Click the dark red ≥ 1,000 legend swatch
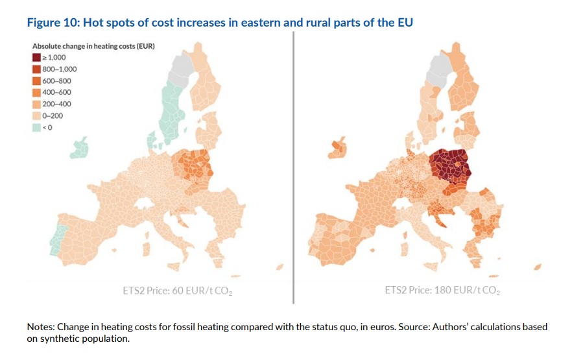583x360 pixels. [x=36, y=58]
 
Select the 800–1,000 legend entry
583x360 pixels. [x=59, y=69]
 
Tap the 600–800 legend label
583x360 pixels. [x=56, y=81]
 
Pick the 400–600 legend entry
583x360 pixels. [x=56, y=93]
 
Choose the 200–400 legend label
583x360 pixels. [x=56, y=104]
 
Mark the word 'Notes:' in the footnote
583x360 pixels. [x=40, y=327]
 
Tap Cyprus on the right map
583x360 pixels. [x=537, y=267]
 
